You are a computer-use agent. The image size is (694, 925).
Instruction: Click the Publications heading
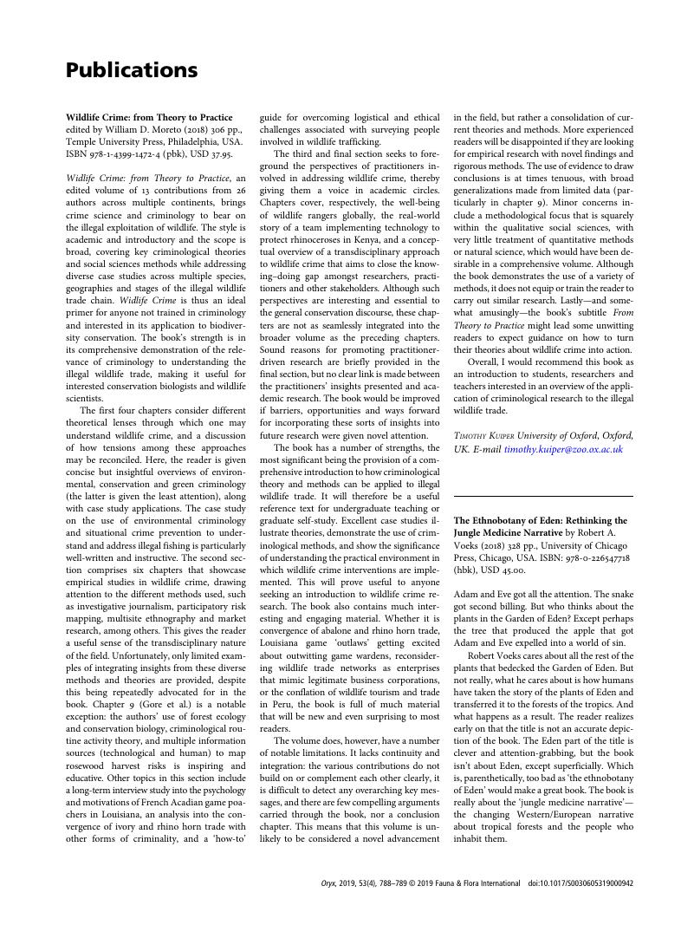[132, 70]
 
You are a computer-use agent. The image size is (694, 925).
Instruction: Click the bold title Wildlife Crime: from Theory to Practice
[149, 117]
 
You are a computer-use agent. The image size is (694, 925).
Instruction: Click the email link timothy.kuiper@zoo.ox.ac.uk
[563, 449]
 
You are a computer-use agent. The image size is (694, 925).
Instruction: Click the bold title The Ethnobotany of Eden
[529, 520]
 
